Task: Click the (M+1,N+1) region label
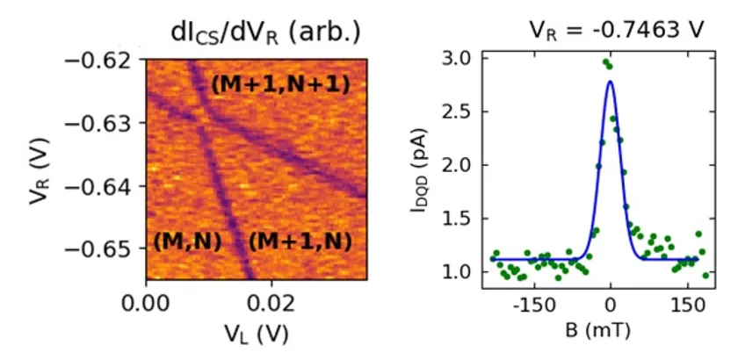click(281, 85)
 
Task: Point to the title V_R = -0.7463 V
click(616, 30)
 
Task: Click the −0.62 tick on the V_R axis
click(104, 61)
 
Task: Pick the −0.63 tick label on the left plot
click(104, 123)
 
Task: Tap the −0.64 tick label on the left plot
click(104, 186)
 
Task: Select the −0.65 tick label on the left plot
click(104, 248)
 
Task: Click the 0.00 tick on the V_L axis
click(145, 304)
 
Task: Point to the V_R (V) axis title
click(35, 169)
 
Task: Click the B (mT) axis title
click(610, 333)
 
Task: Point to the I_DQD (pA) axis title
click(420, 167)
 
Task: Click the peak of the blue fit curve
click(610, 82)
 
